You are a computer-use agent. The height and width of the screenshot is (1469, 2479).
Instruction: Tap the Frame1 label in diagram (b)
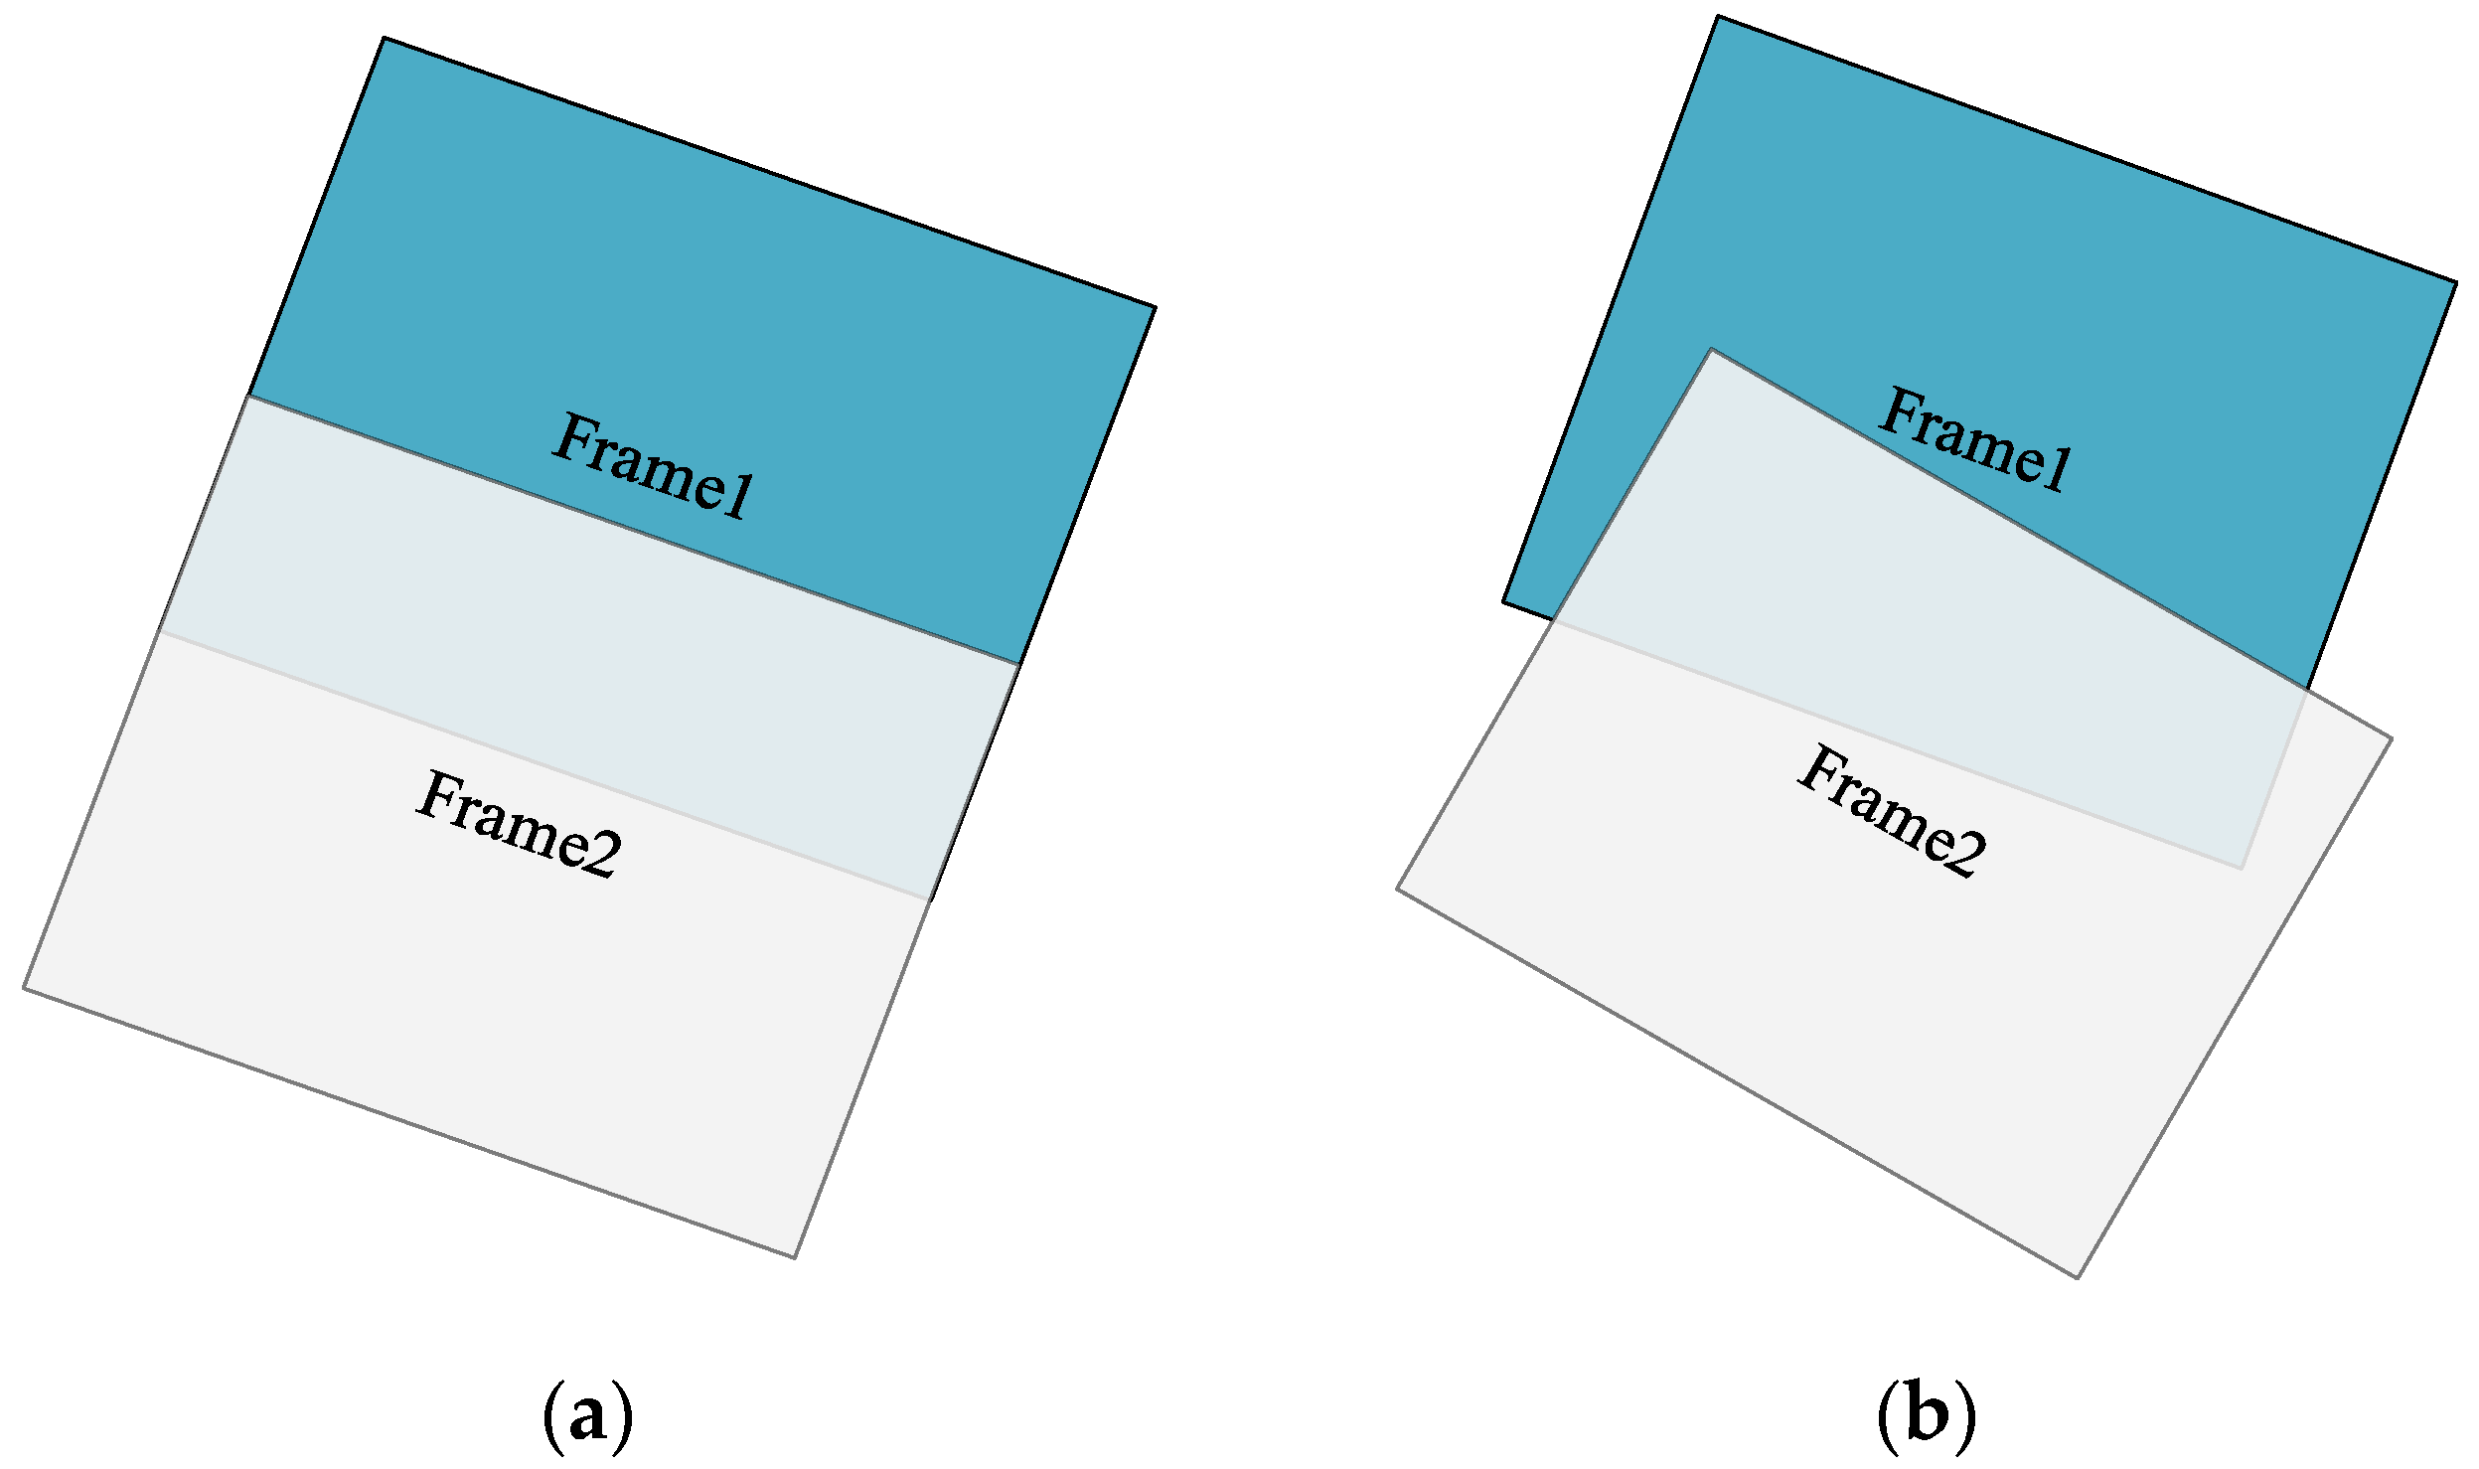point(1974,441)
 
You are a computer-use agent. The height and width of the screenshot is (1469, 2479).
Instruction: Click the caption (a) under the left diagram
point(587,1415)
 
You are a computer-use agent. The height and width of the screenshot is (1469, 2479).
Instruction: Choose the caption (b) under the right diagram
point(1926,1415)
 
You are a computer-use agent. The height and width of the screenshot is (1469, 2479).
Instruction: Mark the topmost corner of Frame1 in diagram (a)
point(385,39)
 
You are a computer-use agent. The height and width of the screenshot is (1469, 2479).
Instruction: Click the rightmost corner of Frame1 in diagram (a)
point(1155,307)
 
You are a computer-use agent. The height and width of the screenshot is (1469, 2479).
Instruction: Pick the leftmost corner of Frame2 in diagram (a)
point(24,988)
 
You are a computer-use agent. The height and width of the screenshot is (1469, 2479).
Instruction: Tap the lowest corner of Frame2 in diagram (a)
point(794,1257)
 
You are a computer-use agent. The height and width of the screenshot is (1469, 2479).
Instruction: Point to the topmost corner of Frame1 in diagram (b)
point(1718,17)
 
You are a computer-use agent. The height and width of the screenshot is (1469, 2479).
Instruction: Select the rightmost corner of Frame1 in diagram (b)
point(2456,283)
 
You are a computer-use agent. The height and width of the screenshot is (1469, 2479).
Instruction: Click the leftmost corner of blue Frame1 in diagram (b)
point(1503,601)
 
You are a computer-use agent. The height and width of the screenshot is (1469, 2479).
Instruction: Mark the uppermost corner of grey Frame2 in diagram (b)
point(1711,349)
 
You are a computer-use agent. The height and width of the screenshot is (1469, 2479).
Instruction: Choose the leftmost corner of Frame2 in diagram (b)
point(1398,889)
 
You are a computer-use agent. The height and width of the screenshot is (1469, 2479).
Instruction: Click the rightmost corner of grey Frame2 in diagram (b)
point(2392,738)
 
